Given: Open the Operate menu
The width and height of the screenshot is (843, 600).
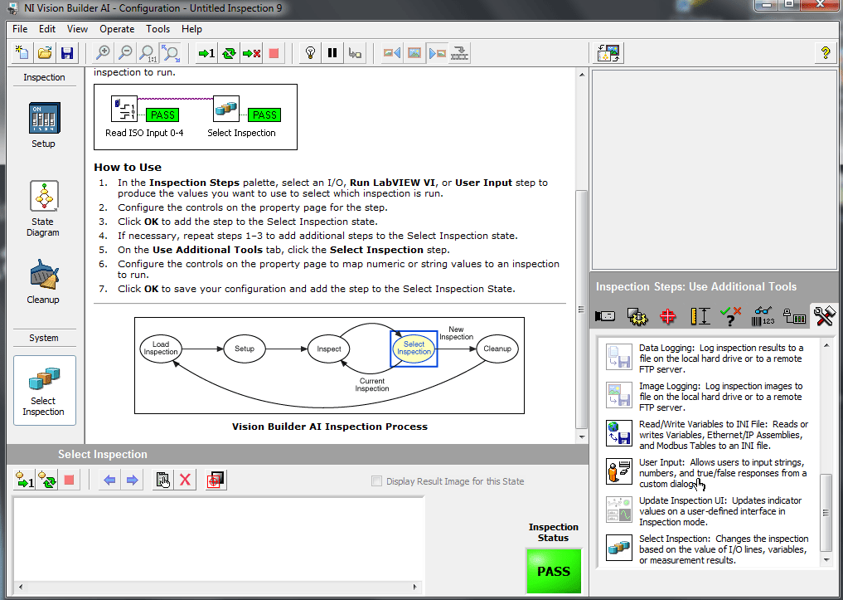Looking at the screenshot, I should click(x=117, y=29).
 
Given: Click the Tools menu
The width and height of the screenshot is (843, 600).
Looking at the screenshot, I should click(x=157, y=29).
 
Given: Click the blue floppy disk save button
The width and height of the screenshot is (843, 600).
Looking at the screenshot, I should click(x=67, y=53).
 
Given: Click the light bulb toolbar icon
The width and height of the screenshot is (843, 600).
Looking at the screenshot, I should click(x=310, y=53).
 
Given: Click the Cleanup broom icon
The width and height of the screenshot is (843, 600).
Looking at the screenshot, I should click(x=43, y=276).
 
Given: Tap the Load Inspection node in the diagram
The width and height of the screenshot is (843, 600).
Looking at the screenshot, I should click(x=161, y=349).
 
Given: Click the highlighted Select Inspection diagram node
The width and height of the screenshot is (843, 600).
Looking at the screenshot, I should click(x=414, y=349).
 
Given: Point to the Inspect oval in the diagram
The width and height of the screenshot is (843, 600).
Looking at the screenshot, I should click(x=329, y=349).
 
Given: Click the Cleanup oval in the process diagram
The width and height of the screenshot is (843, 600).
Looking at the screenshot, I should click(x=497, y=349).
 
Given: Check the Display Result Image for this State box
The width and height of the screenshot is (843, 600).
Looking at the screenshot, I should click(x=378, y=481).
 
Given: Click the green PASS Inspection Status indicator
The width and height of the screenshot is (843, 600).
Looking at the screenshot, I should click(x=554, y=571).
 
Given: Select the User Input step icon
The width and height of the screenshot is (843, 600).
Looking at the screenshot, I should click(x=619, y=471).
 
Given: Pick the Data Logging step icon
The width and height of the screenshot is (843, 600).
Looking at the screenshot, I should click(x=619, y=357).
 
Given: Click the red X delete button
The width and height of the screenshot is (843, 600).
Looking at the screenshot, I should click(x=186, y=480).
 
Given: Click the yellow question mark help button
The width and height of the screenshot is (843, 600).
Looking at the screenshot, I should click(x=826, y=53).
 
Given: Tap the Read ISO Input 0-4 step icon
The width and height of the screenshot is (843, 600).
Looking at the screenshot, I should click(x=125, y=110).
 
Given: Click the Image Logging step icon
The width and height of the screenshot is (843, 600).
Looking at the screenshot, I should click(x=619, y=395).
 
